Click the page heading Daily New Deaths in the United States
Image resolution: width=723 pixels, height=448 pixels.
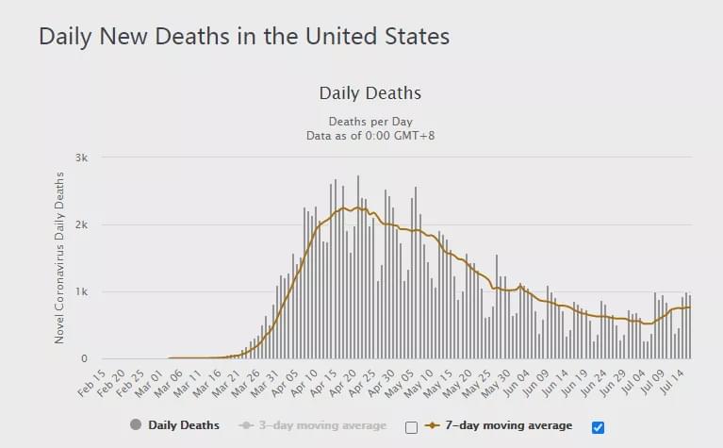click(x=244, y=37)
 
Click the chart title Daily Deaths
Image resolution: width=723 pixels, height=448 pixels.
click(x=370, y=93)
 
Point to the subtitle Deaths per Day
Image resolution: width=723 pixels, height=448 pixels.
click(x=370, y=122)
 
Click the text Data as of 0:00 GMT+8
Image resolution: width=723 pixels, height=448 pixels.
click(x=370, y=136)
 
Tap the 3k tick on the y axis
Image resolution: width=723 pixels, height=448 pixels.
click(x=82, y=158)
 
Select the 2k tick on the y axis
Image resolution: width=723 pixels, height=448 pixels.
click(x=82, y=224)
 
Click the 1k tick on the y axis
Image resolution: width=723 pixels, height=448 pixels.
click(x=82, y=291)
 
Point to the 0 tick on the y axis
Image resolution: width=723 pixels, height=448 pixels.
click(x=85, y=358)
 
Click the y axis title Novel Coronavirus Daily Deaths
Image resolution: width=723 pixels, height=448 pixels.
click(x=59, y=257)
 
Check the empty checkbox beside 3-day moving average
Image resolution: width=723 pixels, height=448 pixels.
click(x=411, y=427)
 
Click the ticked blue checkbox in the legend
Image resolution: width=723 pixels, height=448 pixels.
click(x=598, y=427)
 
